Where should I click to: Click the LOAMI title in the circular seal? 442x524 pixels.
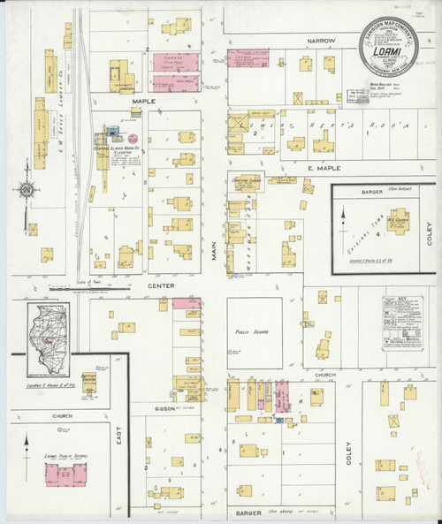click(390, 51)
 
